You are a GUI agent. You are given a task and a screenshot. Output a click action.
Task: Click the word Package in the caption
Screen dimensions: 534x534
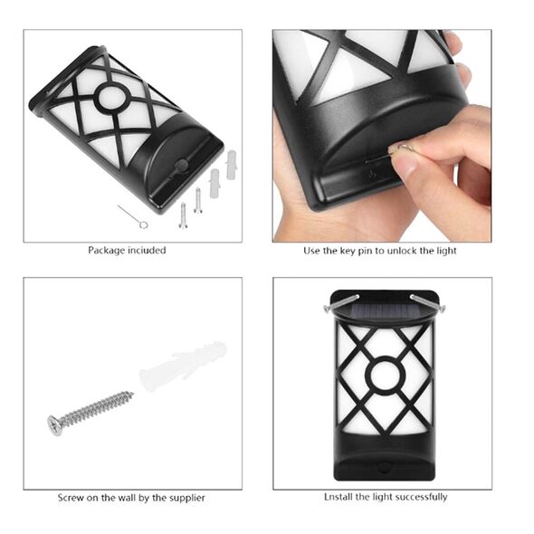(107, 251)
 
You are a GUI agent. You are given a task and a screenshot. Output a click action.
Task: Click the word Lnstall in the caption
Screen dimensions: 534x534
(339, 497)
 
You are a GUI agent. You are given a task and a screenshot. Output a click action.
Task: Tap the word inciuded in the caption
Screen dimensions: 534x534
(147, 251)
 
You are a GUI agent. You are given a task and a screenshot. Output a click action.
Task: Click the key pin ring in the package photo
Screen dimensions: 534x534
(144, 224)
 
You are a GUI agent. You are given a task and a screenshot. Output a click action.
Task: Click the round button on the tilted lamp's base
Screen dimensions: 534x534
(181, 166)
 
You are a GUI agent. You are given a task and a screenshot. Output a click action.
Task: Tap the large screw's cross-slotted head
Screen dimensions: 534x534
(55, 424)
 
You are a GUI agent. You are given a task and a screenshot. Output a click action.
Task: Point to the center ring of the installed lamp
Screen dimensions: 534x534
(385, 376)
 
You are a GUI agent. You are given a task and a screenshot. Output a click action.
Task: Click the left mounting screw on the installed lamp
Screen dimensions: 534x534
(341, 303)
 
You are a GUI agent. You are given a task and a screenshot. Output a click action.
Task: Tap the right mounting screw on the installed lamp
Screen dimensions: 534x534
(428, 303)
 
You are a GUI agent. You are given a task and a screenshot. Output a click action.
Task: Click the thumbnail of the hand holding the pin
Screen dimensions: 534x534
(382, 136)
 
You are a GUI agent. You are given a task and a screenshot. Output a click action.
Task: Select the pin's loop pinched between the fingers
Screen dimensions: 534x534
(405, 148)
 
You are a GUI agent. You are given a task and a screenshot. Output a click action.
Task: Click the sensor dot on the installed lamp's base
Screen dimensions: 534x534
(385, 467)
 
